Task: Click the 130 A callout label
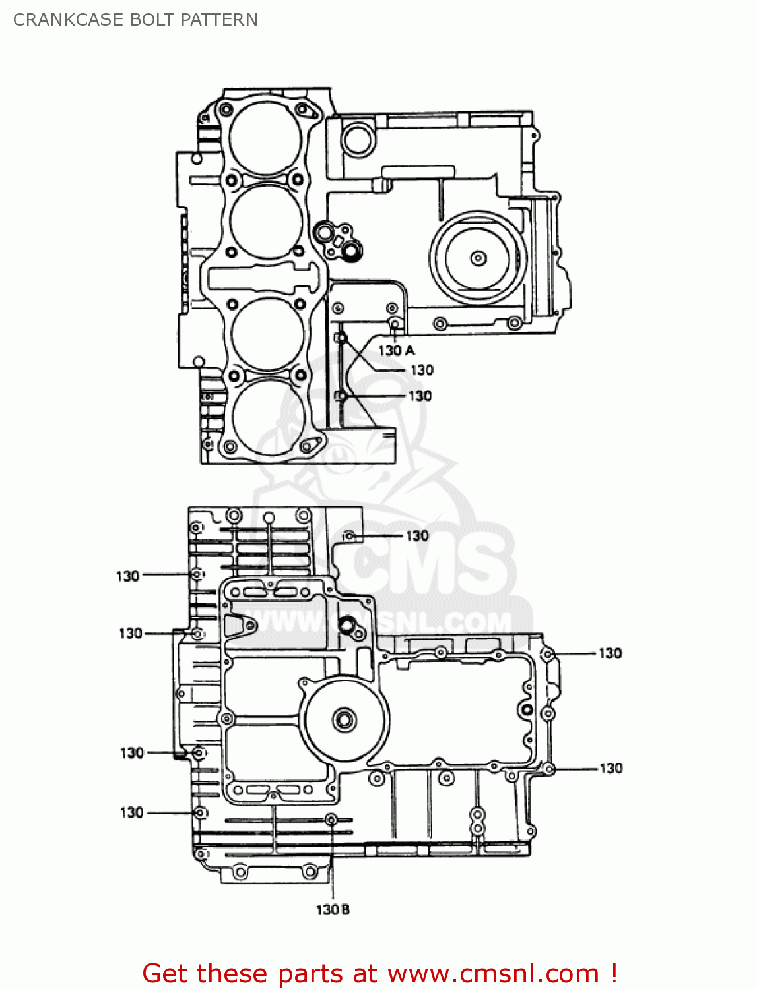(396, 351)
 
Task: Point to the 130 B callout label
(333, 910)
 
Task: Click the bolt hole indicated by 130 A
(394, 324)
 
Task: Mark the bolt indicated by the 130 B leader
(331, 820)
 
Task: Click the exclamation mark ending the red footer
(613, 973)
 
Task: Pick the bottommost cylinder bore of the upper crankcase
(267, 415)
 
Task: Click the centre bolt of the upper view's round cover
(478, 257)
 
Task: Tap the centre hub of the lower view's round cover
(344, 719)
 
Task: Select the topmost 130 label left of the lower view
(128, 576)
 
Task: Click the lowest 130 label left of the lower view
(132, 812)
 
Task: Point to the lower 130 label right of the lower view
(610, 768)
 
